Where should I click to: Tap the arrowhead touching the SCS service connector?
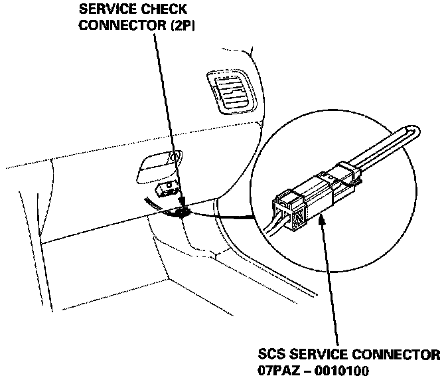point(323,220)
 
